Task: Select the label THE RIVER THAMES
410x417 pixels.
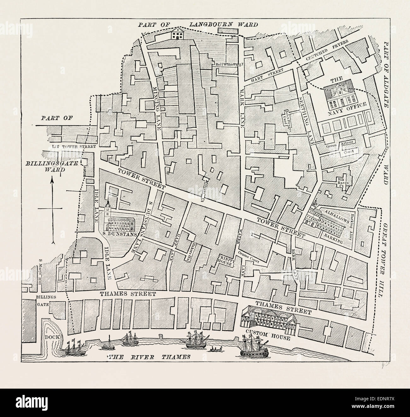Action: [149, 357]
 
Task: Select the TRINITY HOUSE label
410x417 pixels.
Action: [225, 261]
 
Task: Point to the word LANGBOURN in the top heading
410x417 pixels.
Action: [223, 24]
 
